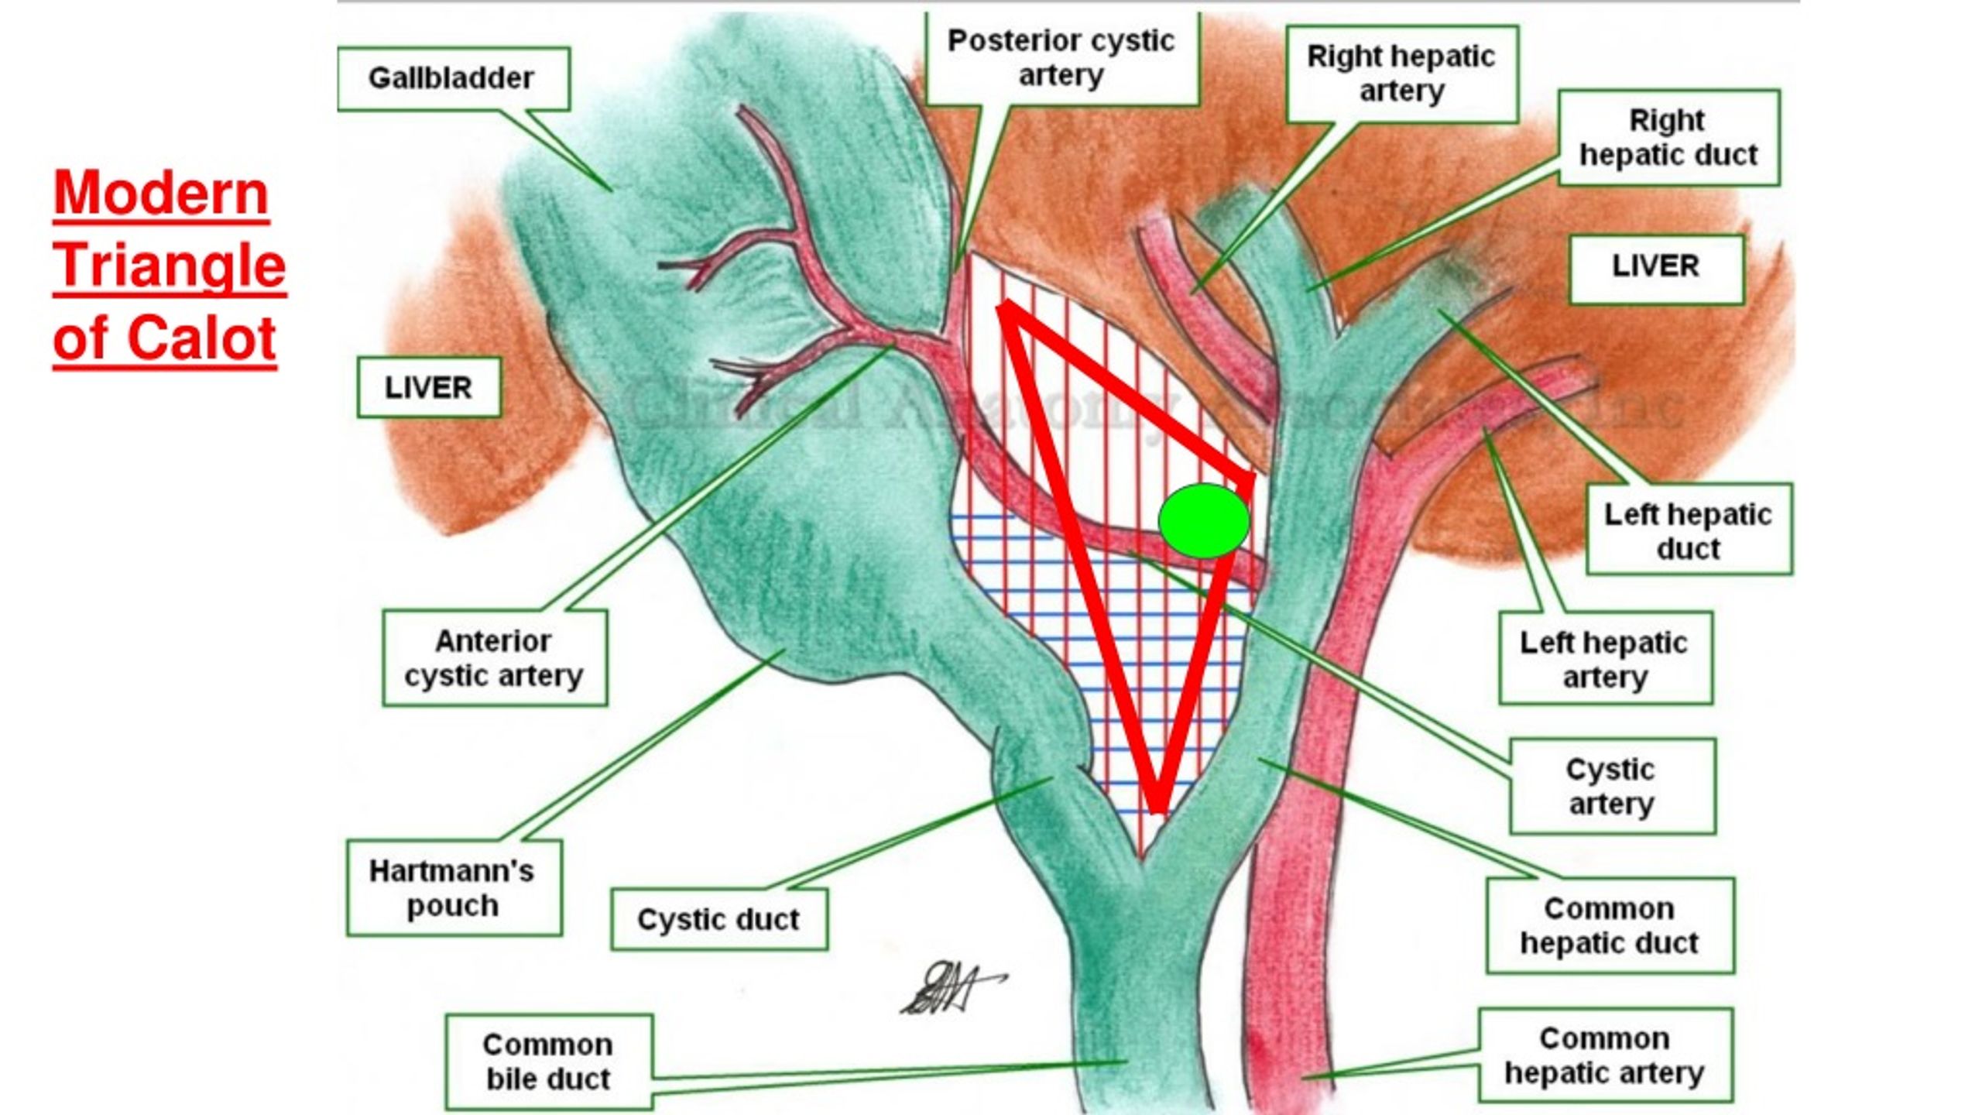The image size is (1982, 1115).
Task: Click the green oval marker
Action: pyautogui.click(x=1204, y=521)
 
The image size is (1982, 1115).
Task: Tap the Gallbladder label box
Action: pyautogui.click(x=452, y=78)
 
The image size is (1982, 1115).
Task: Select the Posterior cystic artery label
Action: pyautogui.click(x=1061, y=58)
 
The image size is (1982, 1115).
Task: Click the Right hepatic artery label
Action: pyautogui.click(x=1401, y=74)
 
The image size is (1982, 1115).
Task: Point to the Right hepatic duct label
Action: pyautogui.click(x=1668, y=138)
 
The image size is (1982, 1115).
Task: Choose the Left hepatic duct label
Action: pyautogui.click(x=1689, y=531)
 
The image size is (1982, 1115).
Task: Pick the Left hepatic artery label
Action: pyautogui.click(x=1605, y=659)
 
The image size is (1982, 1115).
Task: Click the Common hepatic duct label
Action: pyautogui.click(x=1610, y=926)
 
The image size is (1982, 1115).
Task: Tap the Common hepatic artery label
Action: pyautogui.click(x=1605, y=1055)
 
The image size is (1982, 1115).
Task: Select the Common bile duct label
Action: pyautogui.click(x=548, y=1062)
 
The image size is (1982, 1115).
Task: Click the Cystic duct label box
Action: pyautogui.click(x=718, y=920)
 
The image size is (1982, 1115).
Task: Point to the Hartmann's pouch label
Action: pyautogui.click(x=453, y=888)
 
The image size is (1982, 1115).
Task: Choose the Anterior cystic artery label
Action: pyautogui.click(x=494, y=658)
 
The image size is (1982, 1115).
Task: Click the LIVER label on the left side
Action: pyautogui.click(x=428, y=388)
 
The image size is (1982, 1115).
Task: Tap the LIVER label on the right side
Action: pyautogui.click(x=1656, y=267)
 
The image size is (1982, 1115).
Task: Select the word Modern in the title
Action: pyautogui.click(x=161, y=194)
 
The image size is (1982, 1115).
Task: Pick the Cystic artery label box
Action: pyautogui.click(x=1612, y=787)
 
